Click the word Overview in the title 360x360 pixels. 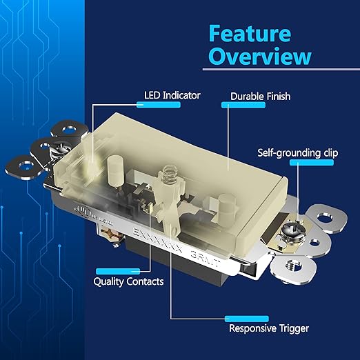(x=259, y=56)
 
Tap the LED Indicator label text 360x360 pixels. (x=172, y=95)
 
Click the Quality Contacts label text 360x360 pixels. (x=128, y=281)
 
